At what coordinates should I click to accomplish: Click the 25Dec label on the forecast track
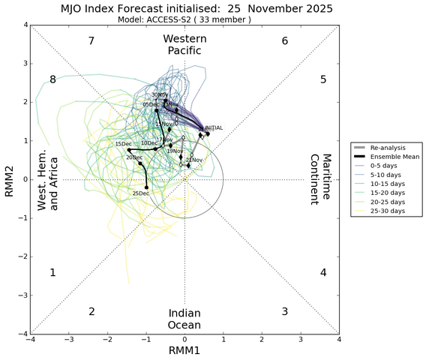tap(140, 193)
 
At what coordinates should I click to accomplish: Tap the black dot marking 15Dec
tap(129, 150)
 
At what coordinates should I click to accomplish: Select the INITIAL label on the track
tap(214, 128)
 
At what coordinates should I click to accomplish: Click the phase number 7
tap(91, 40)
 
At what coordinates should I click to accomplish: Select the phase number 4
tap(323, 272)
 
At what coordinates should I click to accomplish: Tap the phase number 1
tap(52, 272)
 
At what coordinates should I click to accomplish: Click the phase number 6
tap(284, 40)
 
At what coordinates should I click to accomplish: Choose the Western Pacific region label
tap(184, 44)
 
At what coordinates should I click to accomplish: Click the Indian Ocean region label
tap(184, 319)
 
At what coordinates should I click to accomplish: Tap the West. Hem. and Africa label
tap(48, 179)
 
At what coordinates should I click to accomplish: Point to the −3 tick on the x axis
tap(68, 340)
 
